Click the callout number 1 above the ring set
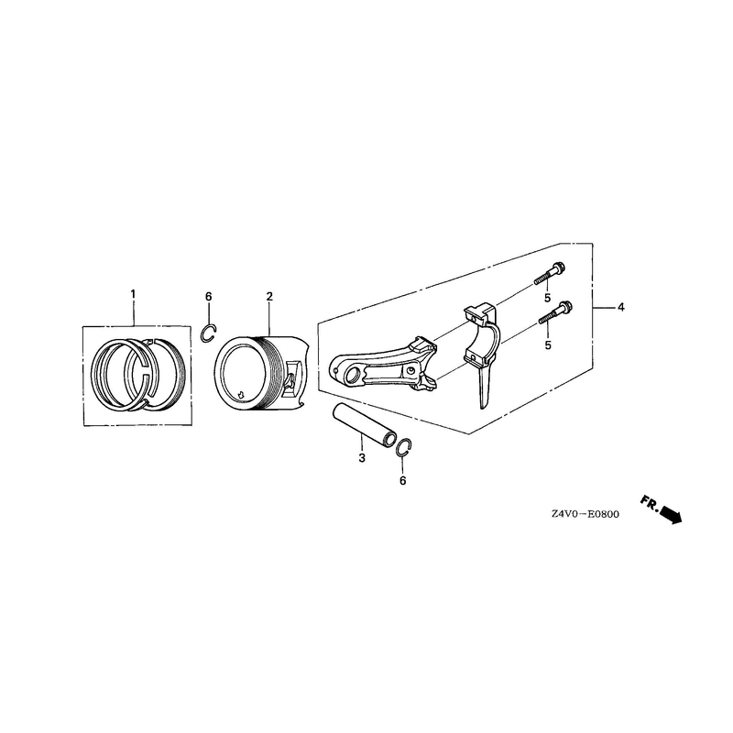coord(133,294)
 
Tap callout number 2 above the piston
coord(269,296)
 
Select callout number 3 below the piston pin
coord(362,457)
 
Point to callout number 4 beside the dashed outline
coord(621,307)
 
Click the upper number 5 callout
coord(547,298)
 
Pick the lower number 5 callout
coord(548,345)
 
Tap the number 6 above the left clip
coord(209,296)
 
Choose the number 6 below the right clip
coord(403,480)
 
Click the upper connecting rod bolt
coord(550,273)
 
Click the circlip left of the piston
coord(209,333)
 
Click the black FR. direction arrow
coord(671,515)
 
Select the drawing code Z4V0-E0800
coord(585,514)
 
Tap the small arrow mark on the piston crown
coord(241,394)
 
